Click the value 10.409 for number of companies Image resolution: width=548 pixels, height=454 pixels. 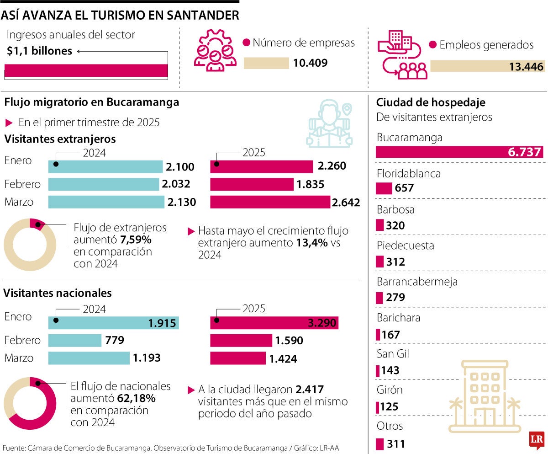(x=310, y=63)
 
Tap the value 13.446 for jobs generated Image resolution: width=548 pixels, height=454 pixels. (x=527, y=67)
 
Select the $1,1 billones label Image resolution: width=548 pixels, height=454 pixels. (x=40, y=51)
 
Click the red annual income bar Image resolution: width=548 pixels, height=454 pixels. (x=86, y=70)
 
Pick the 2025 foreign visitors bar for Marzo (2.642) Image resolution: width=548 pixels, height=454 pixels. (x=270, y=202)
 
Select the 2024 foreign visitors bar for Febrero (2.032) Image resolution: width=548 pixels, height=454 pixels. (x=104, y=184)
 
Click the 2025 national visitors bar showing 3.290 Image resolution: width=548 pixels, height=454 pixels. (x=274, y=323)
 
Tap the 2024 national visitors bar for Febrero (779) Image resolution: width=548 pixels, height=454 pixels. (x=75, y=341)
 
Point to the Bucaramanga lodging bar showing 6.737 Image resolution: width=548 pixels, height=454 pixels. (x=459, y=152)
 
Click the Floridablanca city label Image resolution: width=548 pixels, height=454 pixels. (x=402, y=174)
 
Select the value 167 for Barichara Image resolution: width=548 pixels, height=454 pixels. (x=390, y=335)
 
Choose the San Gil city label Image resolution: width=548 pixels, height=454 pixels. (x=393, y=353)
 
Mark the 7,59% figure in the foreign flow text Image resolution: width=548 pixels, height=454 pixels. (x=136, y=240)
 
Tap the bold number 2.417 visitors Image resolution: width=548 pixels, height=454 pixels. (x=310, y=390)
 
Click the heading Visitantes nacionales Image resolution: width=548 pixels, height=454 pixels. (x=58, y=293)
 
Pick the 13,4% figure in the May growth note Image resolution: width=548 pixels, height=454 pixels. (x=312, y=243)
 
